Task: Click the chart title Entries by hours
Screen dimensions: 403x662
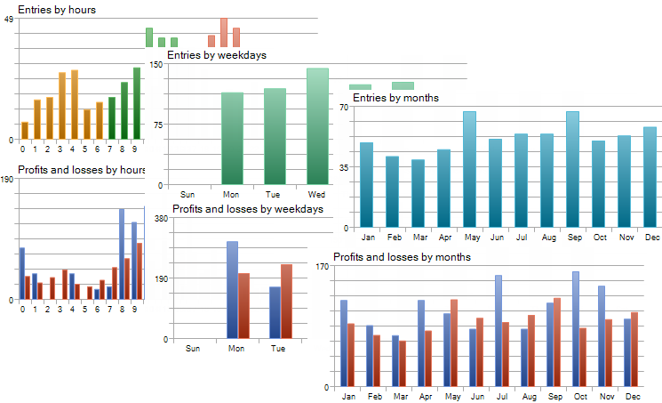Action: tap(57, 10)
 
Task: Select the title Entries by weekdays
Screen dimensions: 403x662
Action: tap(217, 55)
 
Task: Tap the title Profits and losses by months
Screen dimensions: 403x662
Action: tap(402, 257)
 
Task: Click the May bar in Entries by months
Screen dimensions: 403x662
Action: tap(469, 169)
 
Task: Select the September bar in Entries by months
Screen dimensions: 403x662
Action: tap(572, 169)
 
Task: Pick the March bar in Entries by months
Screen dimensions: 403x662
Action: tap(418, 193)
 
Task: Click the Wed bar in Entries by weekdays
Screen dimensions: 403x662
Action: tap(317, 126)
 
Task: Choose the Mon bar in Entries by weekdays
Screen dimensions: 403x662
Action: tap(232, 139)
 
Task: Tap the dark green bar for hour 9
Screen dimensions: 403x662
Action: tap(137, 103)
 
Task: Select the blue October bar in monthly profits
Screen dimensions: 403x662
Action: tap(576, 328)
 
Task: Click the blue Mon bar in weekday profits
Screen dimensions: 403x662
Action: tap(232, 289)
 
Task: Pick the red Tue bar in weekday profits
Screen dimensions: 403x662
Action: tap(286, 301)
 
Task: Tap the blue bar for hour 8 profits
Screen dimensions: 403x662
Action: tap(122, 254)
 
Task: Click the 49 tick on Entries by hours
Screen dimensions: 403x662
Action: tap(8, 20)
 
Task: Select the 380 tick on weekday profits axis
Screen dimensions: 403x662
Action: tap(161, 218)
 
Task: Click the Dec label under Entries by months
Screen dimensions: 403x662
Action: tap(652, 238)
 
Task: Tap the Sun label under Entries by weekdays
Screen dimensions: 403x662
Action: tap(187, 194)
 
